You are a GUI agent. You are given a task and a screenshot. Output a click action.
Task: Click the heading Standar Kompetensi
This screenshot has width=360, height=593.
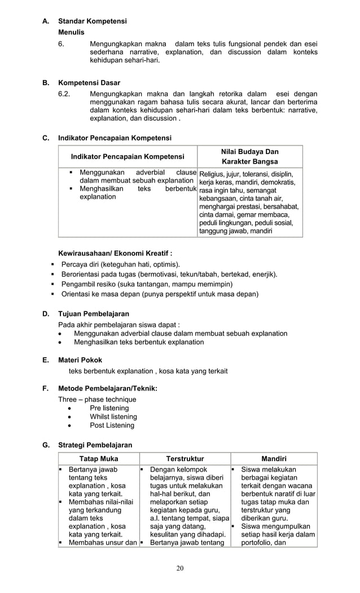tap(93, 21)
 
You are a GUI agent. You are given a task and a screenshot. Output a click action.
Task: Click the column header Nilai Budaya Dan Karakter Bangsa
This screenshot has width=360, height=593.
tap(250, 156)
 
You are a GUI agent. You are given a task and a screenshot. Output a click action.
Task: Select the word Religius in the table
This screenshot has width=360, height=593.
tap(212, 174)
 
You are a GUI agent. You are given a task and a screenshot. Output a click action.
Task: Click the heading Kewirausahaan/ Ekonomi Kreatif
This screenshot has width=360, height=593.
tap(116, 253)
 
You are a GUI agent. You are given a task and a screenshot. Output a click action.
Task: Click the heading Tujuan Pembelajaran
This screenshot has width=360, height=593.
tap(94, 313)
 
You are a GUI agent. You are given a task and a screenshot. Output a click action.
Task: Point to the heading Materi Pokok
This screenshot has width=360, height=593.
tap(80, 359)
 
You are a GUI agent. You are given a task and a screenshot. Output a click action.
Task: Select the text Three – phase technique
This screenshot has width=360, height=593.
tap(97, 399)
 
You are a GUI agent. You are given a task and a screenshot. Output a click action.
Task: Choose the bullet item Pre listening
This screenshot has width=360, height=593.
tap(109, 408)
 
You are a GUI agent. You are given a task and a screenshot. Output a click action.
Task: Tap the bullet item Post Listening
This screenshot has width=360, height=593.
tap(112, 425)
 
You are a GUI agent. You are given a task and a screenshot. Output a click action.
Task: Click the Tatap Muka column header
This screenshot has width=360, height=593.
tap(98, 459)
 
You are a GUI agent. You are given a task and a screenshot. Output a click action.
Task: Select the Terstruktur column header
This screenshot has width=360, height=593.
tap(185, 459)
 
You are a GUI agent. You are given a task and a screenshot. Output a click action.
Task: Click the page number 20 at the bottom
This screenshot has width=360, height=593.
tap(179, 568)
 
